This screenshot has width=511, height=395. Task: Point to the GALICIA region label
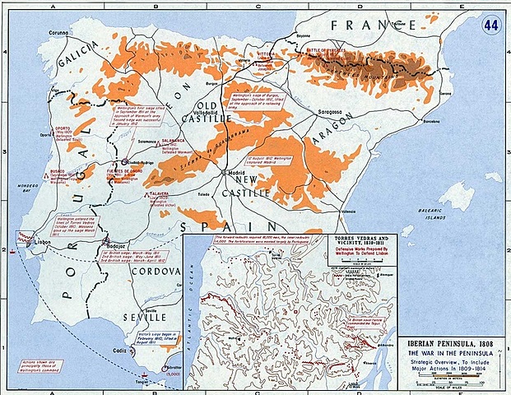point(80,61)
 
